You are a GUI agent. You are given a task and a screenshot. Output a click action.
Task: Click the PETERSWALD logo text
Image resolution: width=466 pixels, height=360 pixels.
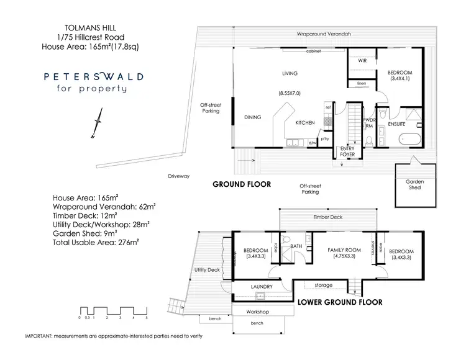click(93, 77)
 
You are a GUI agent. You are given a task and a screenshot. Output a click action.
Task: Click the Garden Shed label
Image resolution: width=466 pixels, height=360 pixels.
click(415, 184)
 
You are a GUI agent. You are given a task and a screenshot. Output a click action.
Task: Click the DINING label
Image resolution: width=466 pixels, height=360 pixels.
click(252, 117)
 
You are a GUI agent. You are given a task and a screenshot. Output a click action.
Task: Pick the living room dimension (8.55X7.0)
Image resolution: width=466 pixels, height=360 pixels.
click(290, 92)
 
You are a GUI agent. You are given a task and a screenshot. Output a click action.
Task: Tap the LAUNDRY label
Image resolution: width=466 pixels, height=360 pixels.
click(262, 286)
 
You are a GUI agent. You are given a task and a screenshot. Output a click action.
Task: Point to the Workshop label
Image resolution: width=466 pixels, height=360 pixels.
click(257, 312)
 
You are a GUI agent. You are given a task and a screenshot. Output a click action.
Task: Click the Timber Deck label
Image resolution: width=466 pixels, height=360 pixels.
click(327, 217)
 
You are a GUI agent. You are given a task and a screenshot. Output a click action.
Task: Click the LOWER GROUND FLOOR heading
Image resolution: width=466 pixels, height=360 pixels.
click(339, 302)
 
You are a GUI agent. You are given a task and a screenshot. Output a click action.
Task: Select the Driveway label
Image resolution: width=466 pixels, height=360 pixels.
click(178, 176)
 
